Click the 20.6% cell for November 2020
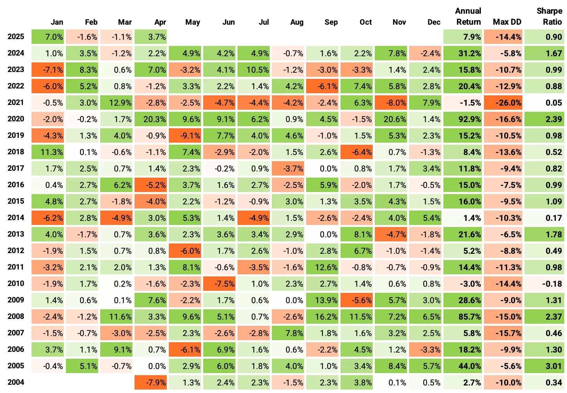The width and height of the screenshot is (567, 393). pos(391,119)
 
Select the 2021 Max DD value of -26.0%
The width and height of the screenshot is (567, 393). pos(503,103)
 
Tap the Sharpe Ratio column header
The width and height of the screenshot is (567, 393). pos(549,16)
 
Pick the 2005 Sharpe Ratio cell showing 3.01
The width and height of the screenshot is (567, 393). pos(544,366)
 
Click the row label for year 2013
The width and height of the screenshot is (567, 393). pos(16,234)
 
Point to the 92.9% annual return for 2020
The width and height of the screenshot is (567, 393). pos(463,119)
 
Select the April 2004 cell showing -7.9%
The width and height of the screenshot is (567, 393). pos(151,383)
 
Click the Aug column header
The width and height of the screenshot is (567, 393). pos(297,22)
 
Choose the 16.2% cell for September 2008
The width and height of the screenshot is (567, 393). pos(322,317)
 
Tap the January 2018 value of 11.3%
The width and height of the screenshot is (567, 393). pos(48,152)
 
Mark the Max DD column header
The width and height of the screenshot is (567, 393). pos(507,22)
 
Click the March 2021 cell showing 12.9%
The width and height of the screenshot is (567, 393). pos(116,103)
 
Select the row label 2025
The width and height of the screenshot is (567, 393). pos(16,37)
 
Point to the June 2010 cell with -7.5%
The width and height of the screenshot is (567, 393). pos(219,284)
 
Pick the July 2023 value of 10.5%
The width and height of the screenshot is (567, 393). pos(254,70)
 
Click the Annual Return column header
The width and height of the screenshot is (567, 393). pos(468,16)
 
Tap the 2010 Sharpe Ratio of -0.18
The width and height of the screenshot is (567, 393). pos(544,284)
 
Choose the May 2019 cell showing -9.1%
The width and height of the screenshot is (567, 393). pos(185,136)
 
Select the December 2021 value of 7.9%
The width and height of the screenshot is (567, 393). pos(425,103)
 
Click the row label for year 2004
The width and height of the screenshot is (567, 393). pos(16,382)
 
